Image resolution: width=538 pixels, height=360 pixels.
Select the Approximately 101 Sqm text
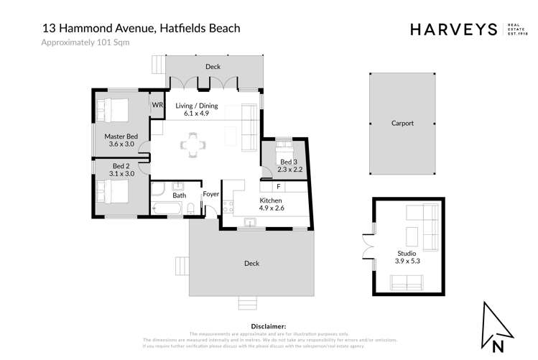85,43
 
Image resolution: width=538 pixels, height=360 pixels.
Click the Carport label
402,123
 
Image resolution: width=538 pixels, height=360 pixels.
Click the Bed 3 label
287,162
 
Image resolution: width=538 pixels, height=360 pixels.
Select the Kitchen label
271,200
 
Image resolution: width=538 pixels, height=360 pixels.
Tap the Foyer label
211,195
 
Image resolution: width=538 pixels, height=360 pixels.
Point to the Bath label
180,195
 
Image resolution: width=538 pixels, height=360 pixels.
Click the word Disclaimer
269,327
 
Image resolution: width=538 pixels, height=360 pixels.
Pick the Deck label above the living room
213,67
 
